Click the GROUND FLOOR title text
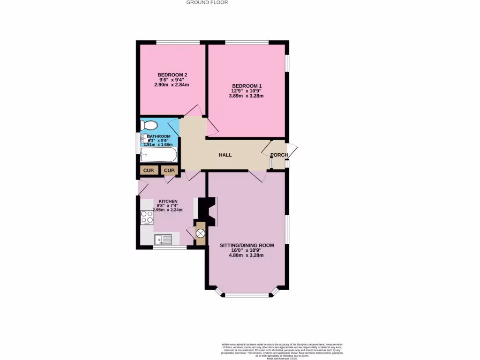click(207, 2)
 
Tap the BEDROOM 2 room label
click(172, 75)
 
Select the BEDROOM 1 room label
click(246, 85)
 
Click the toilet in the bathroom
click(149, 126)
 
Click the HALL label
click(225, 155)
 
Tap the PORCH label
click(279, 155)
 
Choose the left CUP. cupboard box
click(149, 170)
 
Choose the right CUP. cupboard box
click(169, 170)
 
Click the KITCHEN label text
click(168, 201)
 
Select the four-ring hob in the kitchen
click(147, 217)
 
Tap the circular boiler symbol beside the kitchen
click(201, 233)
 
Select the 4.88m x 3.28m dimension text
click(246, 255)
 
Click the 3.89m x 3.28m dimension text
click(246, 96)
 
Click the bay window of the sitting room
click(247, 295)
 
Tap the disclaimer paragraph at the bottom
click(282, 350)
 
